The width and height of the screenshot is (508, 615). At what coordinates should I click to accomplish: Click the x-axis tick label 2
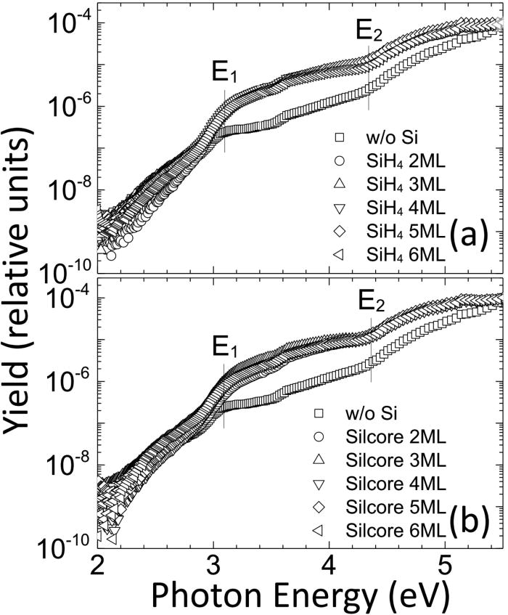click(97, 566)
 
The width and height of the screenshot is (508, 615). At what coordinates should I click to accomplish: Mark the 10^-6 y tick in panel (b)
click(63, 381)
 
